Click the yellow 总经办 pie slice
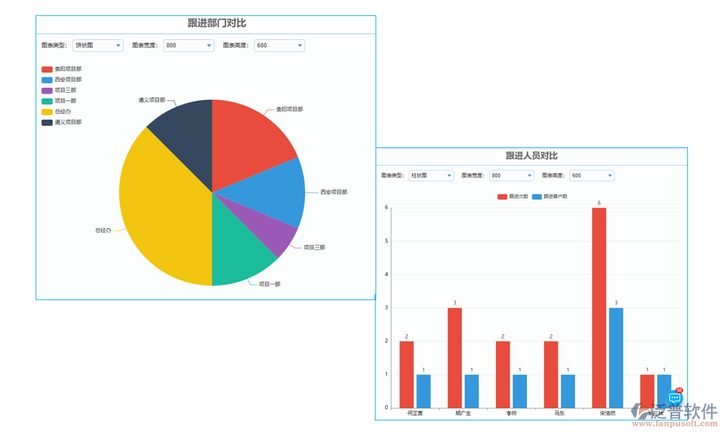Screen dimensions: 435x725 159,210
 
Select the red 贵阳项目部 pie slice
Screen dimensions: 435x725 250,141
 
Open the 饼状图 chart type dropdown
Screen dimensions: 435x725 98,46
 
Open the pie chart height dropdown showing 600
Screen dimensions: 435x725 279,46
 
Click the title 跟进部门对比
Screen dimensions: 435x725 216,23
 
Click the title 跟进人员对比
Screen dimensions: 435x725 531,156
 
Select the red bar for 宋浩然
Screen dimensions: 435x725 599,307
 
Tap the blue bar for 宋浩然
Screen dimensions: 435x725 616,357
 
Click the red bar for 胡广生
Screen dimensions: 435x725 455,357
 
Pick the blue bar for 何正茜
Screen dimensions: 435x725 423,391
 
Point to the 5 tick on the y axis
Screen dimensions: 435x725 386,241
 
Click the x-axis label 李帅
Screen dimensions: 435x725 511,413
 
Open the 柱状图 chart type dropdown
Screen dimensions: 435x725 431,175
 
